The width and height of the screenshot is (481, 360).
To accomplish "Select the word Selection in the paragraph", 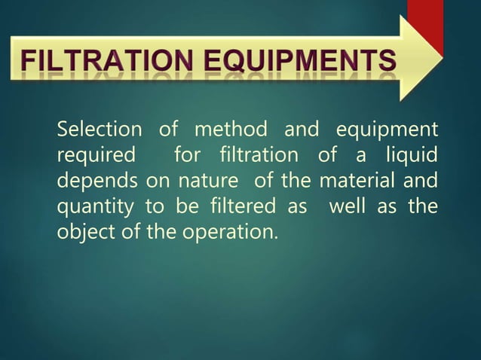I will [99, 130].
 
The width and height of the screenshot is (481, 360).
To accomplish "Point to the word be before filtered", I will [183, 206].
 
